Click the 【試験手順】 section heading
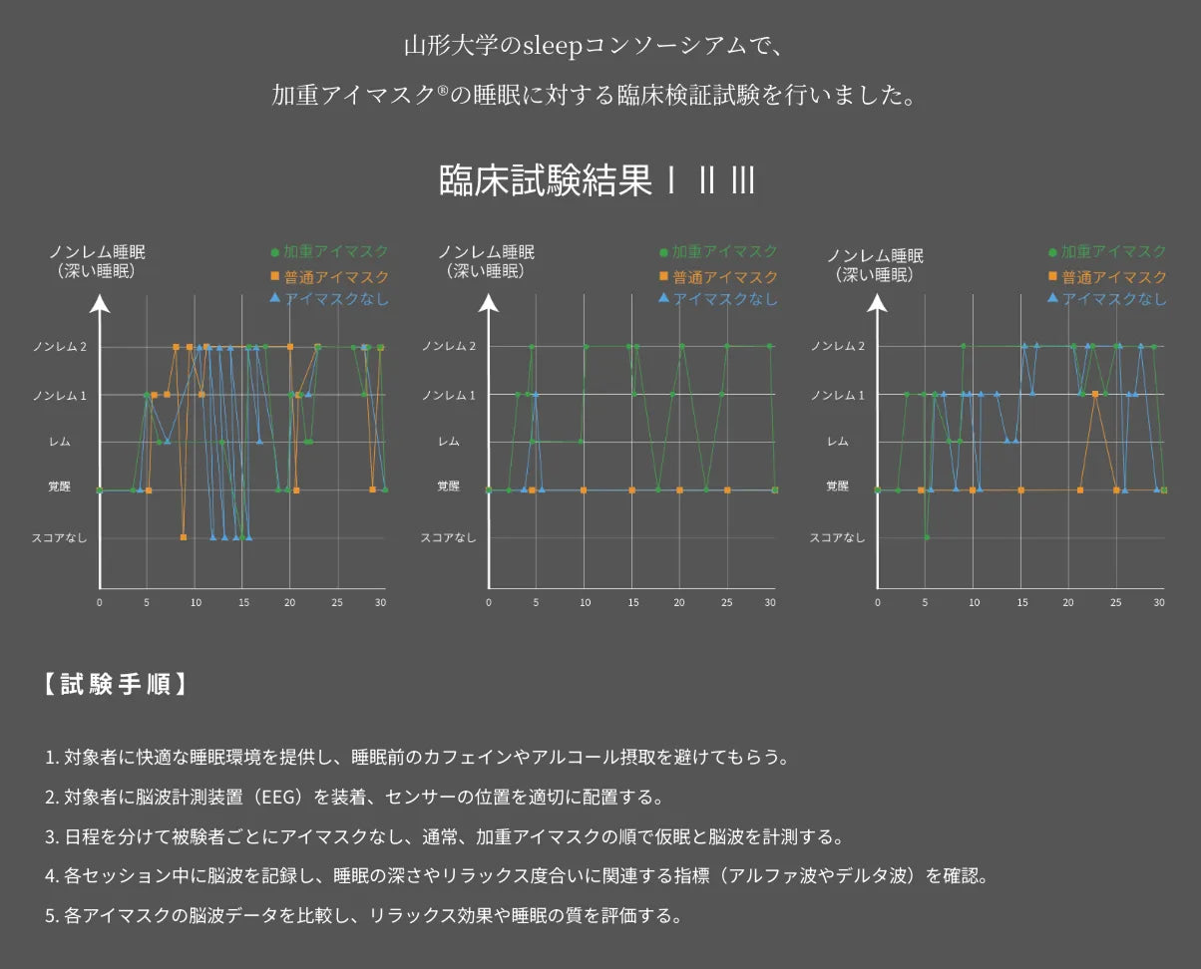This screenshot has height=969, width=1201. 116,685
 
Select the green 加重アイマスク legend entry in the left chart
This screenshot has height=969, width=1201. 329,252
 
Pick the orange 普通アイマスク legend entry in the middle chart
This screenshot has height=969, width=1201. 718,277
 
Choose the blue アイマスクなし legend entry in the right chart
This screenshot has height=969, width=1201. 1107,299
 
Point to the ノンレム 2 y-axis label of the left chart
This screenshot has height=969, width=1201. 60,347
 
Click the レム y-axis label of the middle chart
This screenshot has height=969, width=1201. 449,442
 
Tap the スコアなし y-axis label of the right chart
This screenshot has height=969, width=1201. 838,537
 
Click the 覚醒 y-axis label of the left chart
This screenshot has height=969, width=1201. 60,486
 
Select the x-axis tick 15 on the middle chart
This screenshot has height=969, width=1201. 632,602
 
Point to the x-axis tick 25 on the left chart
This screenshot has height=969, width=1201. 337,602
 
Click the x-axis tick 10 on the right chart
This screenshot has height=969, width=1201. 974,602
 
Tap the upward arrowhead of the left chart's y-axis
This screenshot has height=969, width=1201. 100,304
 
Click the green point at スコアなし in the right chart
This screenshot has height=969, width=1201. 927,537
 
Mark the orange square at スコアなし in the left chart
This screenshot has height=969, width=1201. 184,537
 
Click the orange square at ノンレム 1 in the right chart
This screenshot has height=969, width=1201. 1095,394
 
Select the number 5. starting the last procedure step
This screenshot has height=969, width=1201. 52,915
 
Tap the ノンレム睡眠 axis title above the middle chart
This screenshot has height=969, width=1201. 486,252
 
